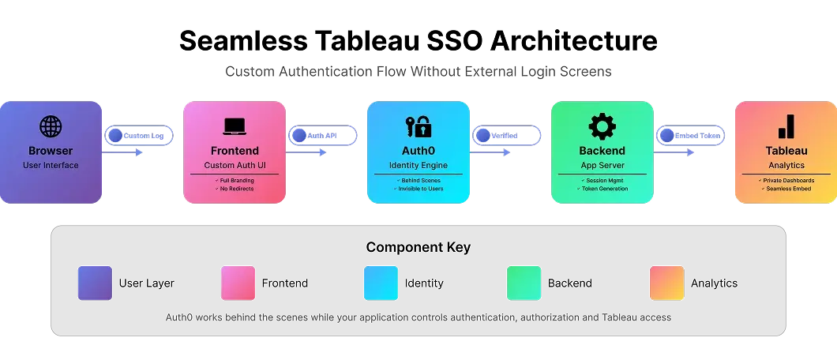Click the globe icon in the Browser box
(x=51, y=126)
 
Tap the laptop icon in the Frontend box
(x=234, y=126)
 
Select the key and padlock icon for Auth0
(x=418, y=126)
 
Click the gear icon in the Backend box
(x=602, y=126)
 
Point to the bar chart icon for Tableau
(x=786, y=126)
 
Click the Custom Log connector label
(x=142, y=136)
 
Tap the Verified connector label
(x=505, y=136)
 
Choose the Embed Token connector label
(x=696, y=136)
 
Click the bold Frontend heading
(x=234, y=151)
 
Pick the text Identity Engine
(x=418, y=165)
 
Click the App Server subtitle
(x=602, y=165)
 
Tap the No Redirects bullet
(x=234, y=189)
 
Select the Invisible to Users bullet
(x=418, y=189)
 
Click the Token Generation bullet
(x=602, y=189)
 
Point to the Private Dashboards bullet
(x=786, y=180)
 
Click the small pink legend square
(x=238, y=283)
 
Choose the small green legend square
(x=524, y=283)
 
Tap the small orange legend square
(x=666, y=283)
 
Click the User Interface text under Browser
(x=51, y=165)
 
